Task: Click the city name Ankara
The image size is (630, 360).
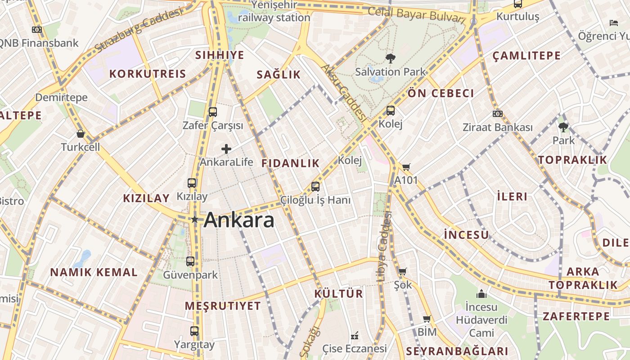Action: tap(239, 220)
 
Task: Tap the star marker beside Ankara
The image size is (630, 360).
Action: tap(195, 220)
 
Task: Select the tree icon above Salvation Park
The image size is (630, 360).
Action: tap(390, 58)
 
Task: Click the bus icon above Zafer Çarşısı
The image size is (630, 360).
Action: tap(213, 112)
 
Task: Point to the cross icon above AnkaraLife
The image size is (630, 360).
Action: tap(226, 149)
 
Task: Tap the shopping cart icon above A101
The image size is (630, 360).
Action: tap(406, 167)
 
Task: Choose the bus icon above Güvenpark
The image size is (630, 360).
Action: tap(190, 261)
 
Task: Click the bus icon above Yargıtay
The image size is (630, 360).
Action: tap(194, 331)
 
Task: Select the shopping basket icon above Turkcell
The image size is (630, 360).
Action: tap(81, 134)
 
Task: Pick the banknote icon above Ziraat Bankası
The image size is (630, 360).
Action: tap(497, 114)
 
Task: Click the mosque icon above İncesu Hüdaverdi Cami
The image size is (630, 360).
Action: tap(481, 294)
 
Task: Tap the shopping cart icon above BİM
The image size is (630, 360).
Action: tap(427, 319)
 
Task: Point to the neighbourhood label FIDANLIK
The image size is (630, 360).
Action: tap(290, 163)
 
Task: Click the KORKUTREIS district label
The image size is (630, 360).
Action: tap(148, 74)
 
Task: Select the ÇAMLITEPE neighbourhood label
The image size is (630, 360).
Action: tap(526, 56)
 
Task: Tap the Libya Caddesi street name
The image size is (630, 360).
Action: tap(383, 247)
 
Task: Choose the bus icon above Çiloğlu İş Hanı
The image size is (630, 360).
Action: tap(315, 186)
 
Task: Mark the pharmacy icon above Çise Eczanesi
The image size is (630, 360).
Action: tap(355, 336)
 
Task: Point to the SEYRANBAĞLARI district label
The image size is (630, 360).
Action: tap(457, 351)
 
